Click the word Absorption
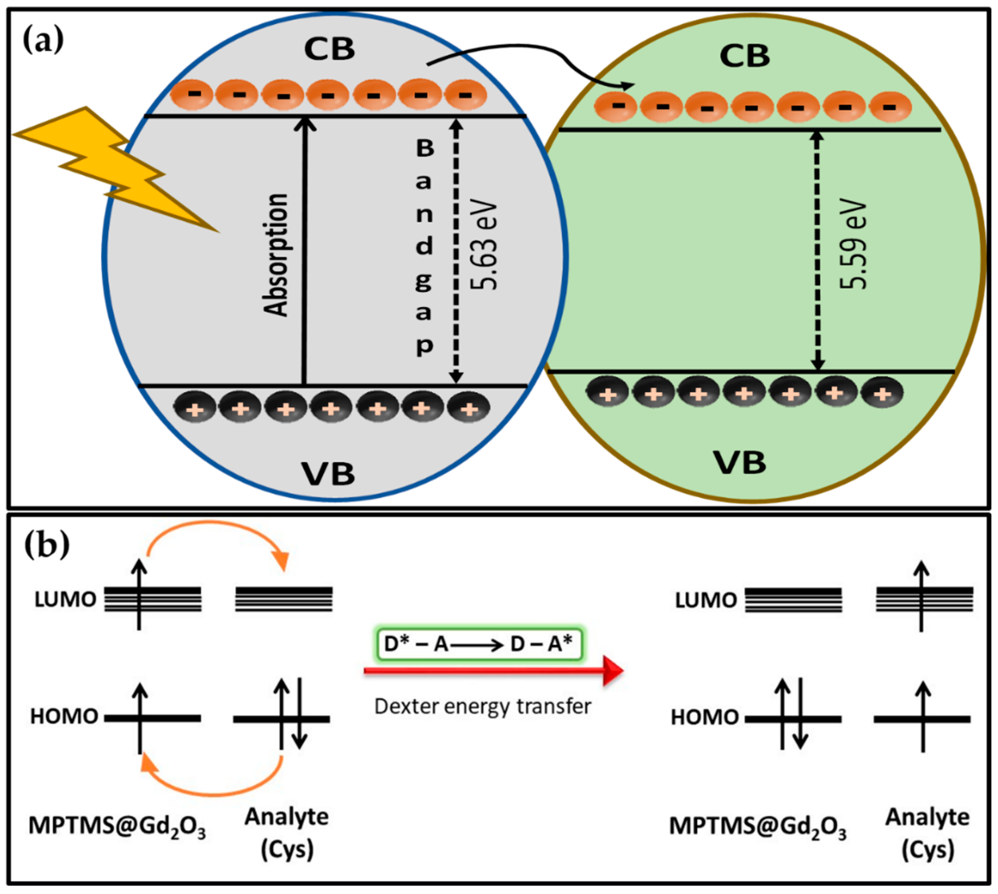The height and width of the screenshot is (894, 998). (275, 255)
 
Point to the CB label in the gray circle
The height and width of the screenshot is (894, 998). (329, 49)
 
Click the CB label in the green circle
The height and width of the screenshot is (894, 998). (745, 56)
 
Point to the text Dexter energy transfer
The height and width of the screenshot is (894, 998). (482, 706)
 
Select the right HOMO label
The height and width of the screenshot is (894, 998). (705, 718)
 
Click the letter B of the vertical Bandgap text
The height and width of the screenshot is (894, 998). (425, 148)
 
